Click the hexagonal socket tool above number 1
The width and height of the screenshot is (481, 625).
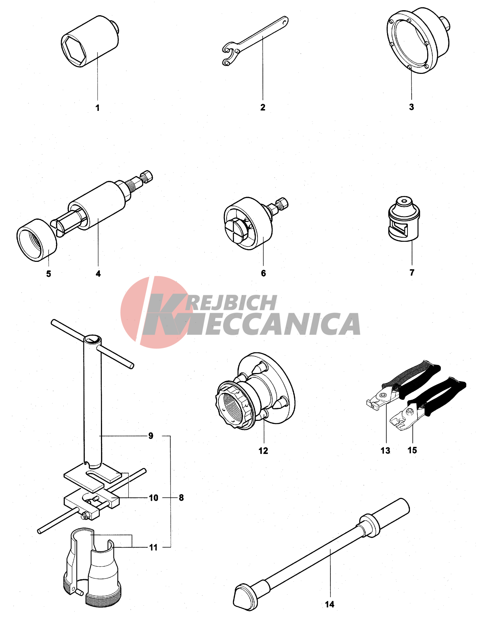[x=90, y=41]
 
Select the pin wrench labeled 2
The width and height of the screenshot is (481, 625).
[x=255, y=40]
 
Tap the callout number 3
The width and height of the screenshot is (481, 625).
[x=411, y=107]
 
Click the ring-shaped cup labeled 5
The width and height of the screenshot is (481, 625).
[x=37, y=240]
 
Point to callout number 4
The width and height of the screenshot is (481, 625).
[x=98, y=273]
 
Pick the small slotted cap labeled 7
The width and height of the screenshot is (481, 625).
[x=404, y=219]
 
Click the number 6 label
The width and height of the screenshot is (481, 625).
[x=263, y=273]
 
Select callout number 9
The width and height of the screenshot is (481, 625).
[x=151, y=436]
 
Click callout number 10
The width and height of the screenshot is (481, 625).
[x=153, y=498]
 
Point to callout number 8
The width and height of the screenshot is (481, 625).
[x=181, y=498]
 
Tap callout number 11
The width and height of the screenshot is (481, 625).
[x=153, y=547]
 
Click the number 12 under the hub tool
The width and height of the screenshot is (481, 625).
[x=263, y=451]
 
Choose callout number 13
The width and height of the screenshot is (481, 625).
[x=385, y=450]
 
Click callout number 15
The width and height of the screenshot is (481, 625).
[x=412, y=450]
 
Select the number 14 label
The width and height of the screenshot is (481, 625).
[x=329, y=604]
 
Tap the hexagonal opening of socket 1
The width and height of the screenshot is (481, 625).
[x=74, y=50]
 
